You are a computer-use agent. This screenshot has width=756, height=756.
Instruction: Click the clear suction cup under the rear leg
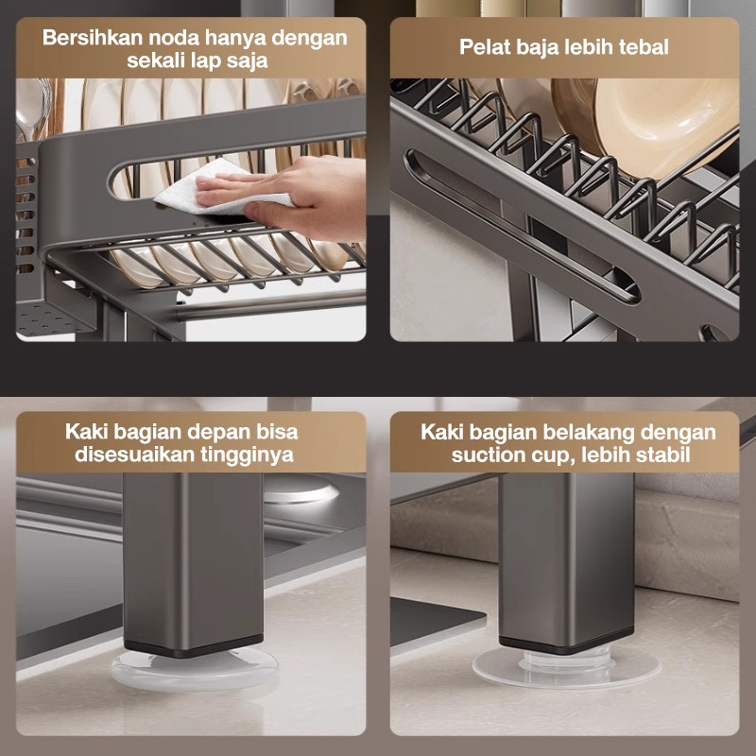click(566, 667)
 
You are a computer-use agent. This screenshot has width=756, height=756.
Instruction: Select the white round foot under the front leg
click(194, 669)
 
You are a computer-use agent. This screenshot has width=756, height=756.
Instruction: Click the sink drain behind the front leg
click(299, 488)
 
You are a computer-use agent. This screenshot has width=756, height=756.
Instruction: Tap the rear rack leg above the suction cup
click(566, 561)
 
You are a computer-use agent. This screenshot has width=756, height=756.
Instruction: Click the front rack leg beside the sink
click(193, 564)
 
